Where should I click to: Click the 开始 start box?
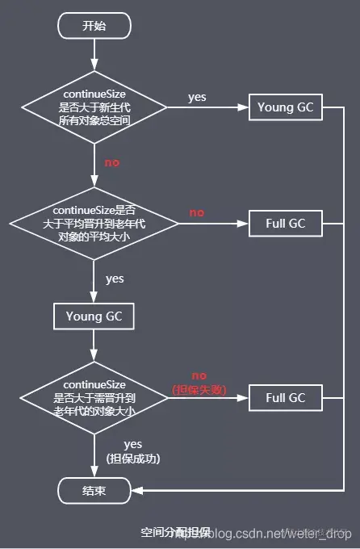(x=94, y=26)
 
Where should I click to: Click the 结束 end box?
(x=94, y=489)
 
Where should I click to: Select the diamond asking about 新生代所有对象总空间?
(x=94, y=107)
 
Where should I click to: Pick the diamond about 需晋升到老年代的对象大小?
(x=94, y=396)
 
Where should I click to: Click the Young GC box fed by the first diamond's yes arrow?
(x=285, y=107)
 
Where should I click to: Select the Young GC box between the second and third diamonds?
(x=94, y=316)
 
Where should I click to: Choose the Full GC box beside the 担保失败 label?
(x=285, y=397)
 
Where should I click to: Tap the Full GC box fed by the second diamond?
(x=285, y=224)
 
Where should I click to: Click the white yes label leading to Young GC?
(x=197, y=97)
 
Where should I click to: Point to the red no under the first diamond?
(x=111, y=162)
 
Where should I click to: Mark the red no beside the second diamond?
(x=197, y=212)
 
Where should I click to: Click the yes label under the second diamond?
(x=115, y=279)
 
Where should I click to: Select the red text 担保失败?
(x=199, y=390)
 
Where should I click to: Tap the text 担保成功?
(x=133, y=459)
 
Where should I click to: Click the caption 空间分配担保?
(x=174, y=532)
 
